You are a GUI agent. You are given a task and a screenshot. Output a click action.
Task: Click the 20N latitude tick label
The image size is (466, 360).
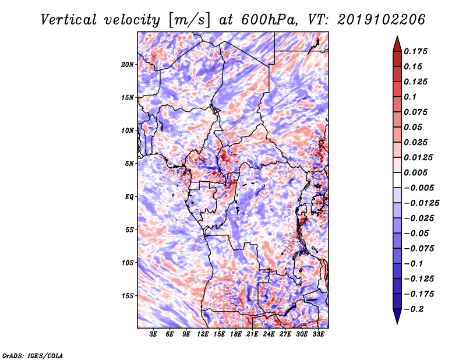(x=128, y=65)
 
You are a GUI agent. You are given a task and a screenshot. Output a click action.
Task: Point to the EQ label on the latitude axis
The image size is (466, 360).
(x=129, y=197)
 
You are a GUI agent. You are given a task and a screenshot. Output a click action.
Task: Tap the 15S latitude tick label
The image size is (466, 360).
(x=128, y=296)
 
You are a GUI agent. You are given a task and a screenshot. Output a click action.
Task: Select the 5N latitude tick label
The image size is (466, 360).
(x=129, y=164)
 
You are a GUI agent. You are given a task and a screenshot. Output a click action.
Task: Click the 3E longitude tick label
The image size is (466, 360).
(x=153, y=334)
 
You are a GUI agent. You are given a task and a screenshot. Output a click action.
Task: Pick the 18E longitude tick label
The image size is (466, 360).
(x=236, y=334)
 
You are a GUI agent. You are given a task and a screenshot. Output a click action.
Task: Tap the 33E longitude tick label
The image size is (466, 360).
(x=318, y=334)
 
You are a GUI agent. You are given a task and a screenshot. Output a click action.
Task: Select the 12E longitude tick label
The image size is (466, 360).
(x=203, y=334)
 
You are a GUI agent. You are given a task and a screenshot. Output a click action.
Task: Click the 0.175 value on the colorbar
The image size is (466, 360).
(x=415, y=51)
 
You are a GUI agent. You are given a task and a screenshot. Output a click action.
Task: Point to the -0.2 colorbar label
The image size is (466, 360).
(x=414, y=309)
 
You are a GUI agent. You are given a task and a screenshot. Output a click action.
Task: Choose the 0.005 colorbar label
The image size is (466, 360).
(x=415, y=172)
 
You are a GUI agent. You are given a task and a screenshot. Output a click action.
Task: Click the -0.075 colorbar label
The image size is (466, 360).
(x=419, y=249)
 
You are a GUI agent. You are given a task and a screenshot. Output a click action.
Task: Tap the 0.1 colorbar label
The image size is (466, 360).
(x=410, y=97)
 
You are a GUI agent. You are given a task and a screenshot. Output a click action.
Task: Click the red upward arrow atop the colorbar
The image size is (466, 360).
(x=397, y=44)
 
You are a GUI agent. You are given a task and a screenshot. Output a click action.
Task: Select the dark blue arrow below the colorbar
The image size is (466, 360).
(x=397, y=316)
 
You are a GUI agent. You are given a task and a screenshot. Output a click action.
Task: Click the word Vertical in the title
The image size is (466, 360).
(x=69, y=20)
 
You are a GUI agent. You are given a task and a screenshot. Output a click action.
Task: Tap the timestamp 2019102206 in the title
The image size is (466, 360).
(x=382, y=20)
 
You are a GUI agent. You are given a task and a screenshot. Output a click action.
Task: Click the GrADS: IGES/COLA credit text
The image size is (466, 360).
(x=33, y=355)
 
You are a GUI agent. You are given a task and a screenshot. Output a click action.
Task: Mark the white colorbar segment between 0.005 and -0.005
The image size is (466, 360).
(x=397, y=180)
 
